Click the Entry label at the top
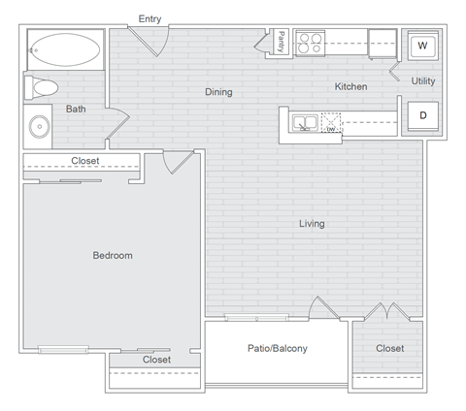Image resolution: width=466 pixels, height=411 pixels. click(150, 18)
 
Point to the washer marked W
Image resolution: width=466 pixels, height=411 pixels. click(422, 46)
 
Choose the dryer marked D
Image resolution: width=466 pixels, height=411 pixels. click(423, 114)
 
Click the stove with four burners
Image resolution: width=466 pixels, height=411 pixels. click(310, 43)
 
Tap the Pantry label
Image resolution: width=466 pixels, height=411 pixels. click(280, 43)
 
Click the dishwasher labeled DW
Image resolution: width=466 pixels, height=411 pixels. click(331, 122)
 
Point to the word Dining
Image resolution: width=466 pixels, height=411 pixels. click(218, 92)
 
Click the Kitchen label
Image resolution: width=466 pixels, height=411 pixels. click(350, 86)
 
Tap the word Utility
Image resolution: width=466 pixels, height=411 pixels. click(423, 80)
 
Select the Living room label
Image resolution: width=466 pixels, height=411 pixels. click(312, 224)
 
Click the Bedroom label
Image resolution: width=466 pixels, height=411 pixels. click(113, 255)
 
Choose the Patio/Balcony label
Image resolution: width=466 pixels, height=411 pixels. click(277, 348)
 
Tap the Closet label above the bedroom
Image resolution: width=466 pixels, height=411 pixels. click(85, 161)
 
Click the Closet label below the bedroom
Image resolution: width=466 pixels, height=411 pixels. click(156, 360)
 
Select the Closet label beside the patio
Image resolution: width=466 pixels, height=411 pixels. click(389, 348)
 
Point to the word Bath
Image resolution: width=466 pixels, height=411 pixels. click(76, 109)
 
